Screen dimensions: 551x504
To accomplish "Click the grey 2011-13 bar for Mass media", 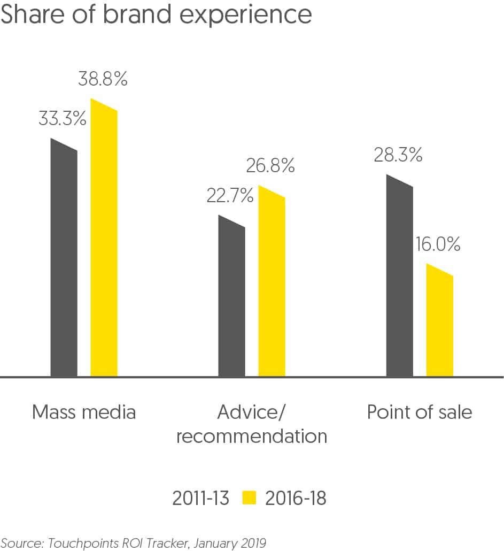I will click(x=64, y=262).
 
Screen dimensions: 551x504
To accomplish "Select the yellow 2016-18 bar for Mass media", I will click(x=104, y=241).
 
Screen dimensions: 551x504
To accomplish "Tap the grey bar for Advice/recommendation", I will click(x=232, y=300).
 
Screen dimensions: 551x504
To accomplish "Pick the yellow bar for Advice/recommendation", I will click(x=272, y=284).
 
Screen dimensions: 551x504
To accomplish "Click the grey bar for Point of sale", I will click(x=399, y=278).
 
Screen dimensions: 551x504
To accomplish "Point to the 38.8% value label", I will click(x=103, y=80).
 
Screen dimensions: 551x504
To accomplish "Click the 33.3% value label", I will click(x=62, y=119).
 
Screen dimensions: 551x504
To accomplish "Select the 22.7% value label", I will click(x=230, y=196).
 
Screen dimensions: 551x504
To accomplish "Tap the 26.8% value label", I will click(x=270, y=166).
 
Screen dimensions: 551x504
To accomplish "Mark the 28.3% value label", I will click(x=398, y=155).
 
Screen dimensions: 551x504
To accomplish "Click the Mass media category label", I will click(x=84, y=412).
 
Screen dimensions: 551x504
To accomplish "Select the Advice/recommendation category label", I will click(x=251, y=424).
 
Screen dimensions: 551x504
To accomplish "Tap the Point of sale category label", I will click(x=419, y=412).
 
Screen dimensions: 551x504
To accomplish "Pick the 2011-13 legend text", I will click(x=200, y=499).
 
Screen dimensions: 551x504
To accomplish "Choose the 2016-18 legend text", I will click(x=295, y=499).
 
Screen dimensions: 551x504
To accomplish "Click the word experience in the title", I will click(x=245, y=14).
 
